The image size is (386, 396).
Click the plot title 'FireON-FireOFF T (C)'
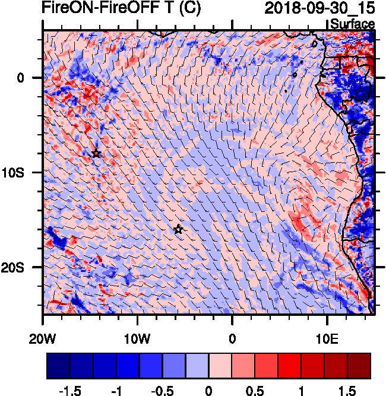pyautogui.click(x=121, y=9)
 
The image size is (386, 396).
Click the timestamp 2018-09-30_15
pyautogui.click(x=319, y=9)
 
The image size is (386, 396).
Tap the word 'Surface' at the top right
pyautogui.click(x=352, y=24)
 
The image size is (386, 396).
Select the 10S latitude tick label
pyautogui.click(x=17, y=173)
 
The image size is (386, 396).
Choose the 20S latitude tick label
pyautogui.click(x=17, y=268)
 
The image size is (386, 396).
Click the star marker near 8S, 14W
pyautogui.click(x=96, y=154)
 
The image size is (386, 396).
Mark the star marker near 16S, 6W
pyautogui.click(x=178, y=229)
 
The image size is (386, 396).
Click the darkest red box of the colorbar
pyautogui.click(x=359, y=366)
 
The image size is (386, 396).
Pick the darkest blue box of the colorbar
pyautogui.click(x=58, y=366)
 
